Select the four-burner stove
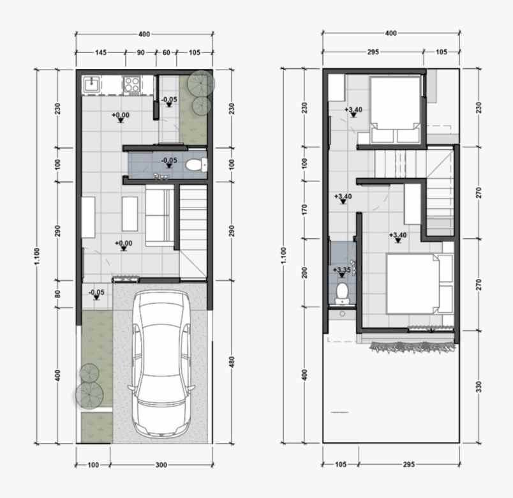132,84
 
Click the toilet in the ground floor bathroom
196,165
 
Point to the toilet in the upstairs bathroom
342,293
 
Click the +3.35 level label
341,270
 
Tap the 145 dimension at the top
100,52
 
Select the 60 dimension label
166,52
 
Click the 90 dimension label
140,52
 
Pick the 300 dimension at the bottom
161,465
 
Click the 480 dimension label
232,362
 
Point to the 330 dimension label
479,387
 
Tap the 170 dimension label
304,209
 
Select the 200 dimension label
304,273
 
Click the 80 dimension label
57,294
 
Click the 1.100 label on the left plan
36,256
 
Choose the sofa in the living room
160,215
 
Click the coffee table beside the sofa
130,214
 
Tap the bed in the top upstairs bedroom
395,110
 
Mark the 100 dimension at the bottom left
93,465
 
